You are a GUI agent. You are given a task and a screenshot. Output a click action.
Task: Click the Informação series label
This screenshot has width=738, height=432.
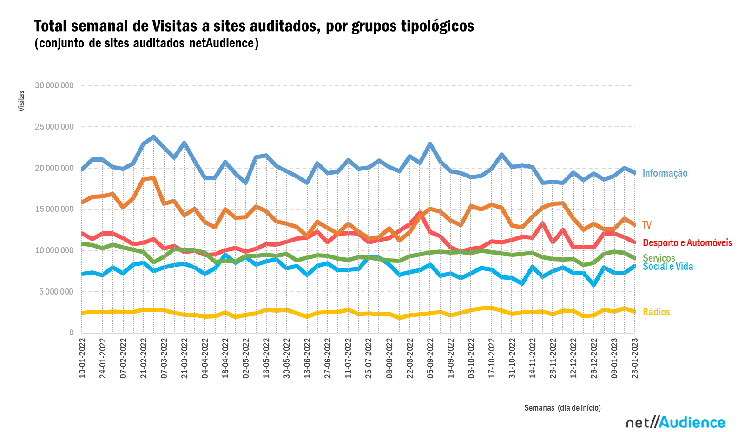665,173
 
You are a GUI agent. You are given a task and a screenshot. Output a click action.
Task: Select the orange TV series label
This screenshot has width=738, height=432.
646,225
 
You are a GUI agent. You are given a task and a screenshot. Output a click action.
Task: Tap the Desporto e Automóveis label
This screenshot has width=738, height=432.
687,242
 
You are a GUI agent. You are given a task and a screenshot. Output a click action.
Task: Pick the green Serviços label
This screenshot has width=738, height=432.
659,258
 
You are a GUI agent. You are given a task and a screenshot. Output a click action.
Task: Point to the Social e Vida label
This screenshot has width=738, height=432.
667,267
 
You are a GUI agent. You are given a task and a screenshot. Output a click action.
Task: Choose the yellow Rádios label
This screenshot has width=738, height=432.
656,312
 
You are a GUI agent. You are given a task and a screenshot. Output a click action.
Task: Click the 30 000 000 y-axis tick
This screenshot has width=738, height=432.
54,85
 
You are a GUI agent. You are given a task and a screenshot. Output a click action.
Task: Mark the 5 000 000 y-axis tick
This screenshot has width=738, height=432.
56,292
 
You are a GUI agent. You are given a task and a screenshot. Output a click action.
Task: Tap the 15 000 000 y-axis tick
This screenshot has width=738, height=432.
54,209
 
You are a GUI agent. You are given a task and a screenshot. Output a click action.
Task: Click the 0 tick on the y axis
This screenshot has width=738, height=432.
72,333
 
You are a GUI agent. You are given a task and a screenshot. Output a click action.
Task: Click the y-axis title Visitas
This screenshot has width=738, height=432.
21,101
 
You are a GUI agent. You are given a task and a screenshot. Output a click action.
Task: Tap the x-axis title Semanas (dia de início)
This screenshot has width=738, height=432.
562,408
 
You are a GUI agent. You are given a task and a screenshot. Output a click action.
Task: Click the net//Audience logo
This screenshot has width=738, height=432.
675,422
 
